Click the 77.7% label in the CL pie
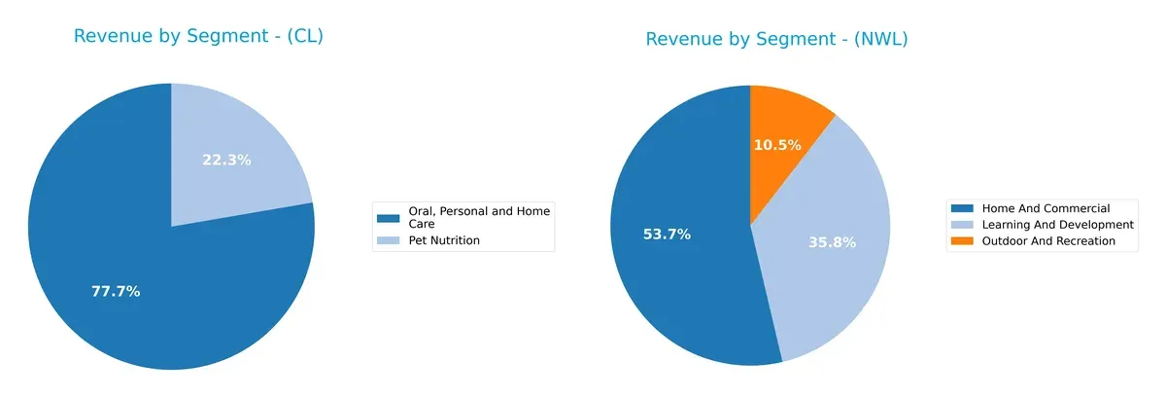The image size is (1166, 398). pyautogui.click(x=117, y=291)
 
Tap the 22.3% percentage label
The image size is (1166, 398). pyautogui.click(x=226, y=160)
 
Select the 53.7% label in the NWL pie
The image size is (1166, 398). pyautogui.click(x=667, y=235)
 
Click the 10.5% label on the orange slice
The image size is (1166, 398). pyautogui.click(x=777, y=145)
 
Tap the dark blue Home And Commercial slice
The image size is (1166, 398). pyautogui.click(x=680, y=282)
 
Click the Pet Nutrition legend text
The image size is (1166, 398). pyautogui.click(x=442, y=240)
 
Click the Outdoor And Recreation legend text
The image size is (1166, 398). pyautogui.click(x=1048, y=240)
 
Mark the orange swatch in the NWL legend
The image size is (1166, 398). pyautogui.click(x=963, y=240)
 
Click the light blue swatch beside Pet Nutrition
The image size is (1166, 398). pyautogui.click(x=388, y=240)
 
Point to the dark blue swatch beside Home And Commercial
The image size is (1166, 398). pyautogui.click(x=963, y=208)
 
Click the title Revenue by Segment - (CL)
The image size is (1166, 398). pyautogui.click(x=198, y=37)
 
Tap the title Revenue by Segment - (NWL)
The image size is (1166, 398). pyautogui.click(x=776, y=39)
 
